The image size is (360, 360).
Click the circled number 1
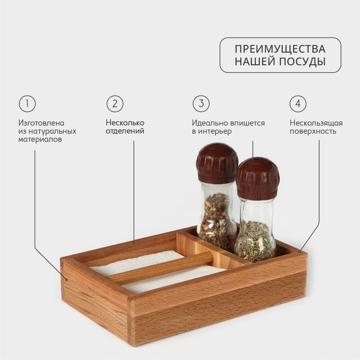pos(27,104)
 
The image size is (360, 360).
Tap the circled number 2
pos(115,104)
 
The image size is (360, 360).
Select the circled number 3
pos(201,104)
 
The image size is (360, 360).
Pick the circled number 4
pos(298,104)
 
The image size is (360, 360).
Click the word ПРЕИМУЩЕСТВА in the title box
pos(280,49)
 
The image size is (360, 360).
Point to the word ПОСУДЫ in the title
pos(302,62)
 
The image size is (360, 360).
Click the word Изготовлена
pos(41,123)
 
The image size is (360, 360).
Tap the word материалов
pos(40,139)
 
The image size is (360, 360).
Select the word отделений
pos(125,131)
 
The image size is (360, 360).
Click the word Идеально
pos(210,123)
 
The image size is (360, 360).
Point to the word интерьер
pos(215,132)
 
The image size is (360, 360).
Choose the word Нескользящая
pos(316,123)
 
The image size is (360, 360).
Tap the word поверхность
pos(313,132)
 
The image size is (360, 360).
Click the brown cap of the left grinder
pos(217,163)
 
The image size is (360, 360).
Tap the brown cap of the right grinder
pos(257,178)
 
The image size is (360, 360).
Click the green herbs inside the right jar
pos(255,241)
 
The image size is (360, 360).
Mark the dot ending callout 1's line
pos(67,280)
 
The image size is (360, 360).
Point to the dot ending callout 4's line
pos(299,251)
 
